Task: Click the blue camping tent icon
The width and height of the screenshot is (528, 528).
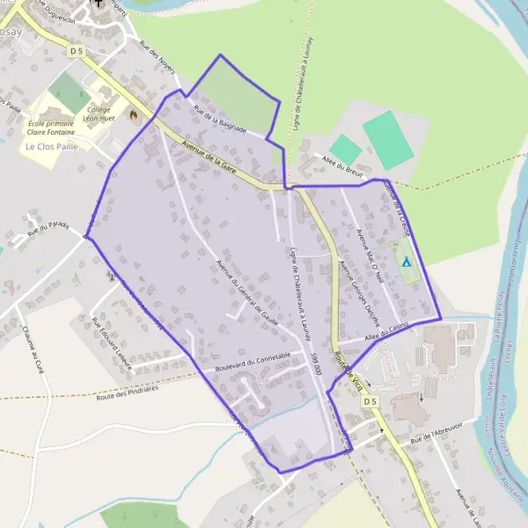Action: (406, 261)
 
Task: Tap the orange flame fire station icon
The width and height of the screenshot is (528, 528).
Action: (133, 114)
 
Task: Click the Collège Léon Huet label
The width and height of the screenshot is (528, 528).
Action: (99, 113)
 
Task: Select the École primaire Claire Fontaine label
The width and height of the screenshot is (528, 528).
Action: (50, 128)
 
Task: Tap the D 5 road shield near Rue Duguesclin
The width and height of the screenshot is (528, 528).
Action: (77, 52)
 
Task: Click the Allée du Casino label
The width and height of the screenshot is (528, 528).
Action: (385, 332)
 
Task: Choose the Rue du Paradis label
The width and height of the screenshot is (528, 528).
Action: (48, 228)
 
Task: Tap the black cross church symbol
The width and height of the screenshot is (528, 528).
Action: (98, 4)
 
